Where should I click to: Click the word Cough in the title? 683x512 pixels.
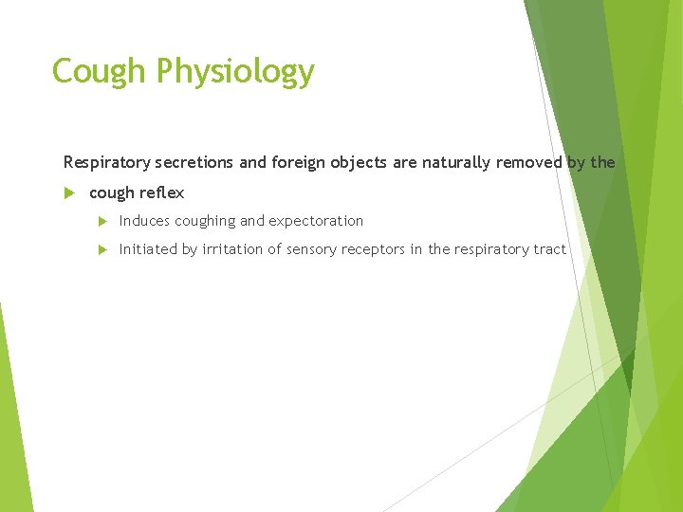[99, 71]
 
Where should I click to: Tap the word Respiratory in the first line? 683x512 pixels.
[102, 163]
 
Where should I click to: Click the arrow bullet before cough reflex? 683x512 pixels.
[67, 192]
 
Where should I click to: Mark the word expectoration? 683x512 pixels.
[316, 221]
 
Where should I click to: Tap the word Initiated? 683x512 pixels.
[146, 249]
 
